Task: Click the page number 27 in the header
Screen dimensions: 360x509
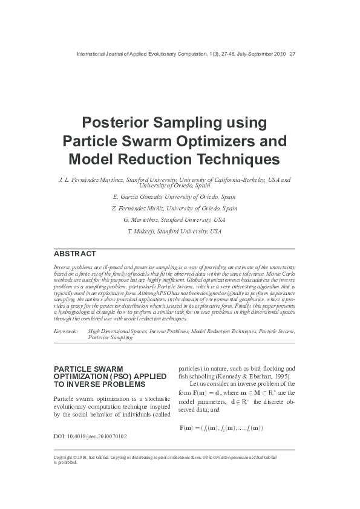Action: pyautogui.click(x=293, y=54)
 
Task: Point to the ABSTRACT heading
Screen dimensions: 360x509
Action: pyautogui.click(x=74, y=253)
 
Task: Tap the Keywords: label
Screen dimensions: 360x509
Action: pyautogui.click(x=65, y=331)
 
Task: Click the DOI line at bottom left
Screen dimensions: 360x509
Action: pyautogui.click(x=90, y=435)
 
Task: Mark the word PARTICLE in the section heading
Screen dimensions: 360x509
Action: pyautogui.click(x=71, y=368)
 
